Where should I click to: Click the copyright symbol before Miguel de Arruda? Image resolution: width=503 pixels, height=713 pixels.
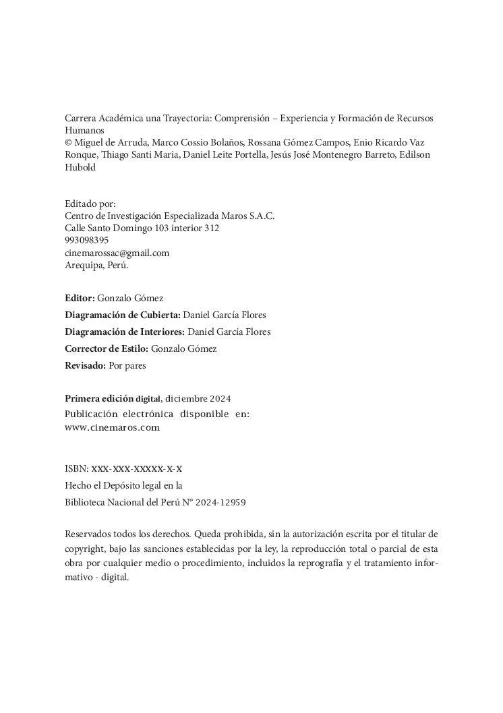[x=68, y=143]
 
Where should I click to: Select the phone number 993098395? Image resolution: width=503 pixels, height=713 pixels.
[x=86, y=241]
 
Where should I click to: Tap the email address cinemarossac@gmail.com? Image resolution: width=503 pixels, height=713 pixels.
[x=117, y=253]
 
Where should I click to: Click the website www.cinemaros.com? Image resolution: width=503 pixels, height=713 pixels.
[x=112, y=427]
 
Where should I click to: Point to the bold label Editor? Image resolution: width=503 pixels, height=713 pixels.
[x=80, y=297]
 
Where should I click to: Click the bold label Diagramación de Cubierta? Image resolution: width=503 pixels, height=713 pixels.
[x=123, y=315]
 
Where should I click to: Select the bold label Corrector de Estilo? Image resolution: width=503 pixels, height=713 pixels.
[x=107, y=348]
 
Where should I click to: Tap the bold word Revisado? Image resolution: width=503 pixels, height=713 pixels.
[x=86, y=366]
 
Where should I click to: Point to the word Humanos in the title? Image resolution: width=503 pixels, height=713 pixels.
[x=85, y=130]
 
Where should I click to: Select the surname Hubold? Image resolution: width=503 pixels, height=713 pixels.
[x=80, y=168]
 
